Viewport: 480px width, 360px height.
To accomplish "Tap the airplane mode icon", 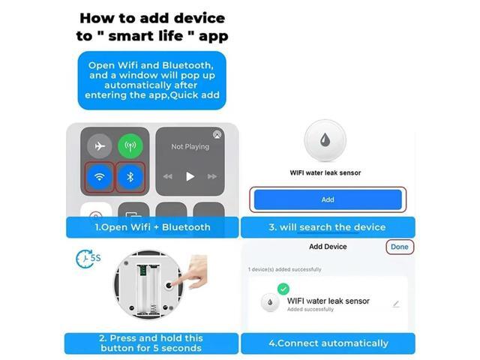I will [100, 146].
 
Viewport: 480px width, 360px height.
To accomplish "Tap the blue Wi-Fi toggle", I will [100, 177].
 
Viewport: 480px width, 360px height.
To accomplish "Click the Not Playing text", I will [189, 147].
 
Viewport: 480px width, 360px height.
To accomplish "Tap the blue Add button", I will [327, 199].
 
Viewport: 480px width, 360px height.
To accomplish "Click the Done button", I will [400, 247].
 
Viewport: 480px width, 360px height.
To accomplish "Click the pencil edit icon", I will [396, 304].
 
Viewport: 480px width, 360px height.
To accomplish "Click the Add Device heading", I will [327, 247].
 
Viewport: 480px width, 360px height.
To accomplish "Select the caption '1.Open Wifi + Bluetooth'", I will [152, 226].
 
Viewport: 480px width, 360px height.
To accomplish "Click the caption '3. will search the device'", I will [327, 226].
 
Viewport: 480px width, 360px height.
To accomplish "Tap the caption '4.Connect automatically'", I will [328, 343].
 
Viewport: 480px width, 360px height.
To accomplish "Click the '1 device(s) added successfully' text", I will [284, 269].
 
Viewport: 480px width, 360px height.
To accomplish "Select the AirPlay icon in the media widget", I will [217, 135].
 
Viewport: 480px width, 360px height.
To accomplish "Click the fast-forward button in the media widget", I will [212, 177].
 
